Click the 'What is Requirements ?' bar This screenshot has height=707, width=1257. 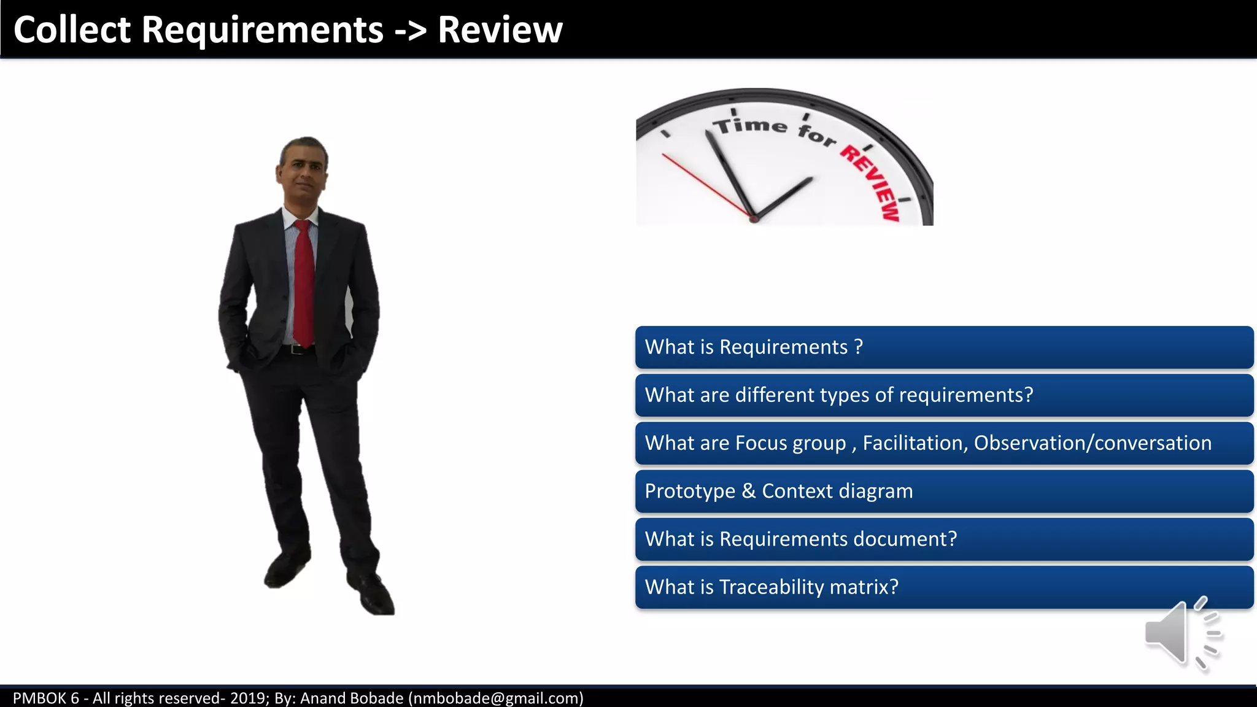click(944, 347)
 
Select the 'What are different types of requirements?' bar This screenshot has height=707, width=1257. click(944, 395)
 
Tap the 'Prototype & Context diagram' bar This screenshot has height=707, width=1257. click(944, 491)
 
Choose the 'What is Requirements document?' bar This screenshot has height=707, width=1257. click(944, 539)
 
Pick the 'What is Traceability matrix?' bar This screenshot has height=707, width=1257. click(944, 587)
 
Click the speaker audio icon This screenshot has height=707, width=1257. click(1182, 633)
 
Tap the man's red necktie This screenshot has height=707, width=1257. click(304, 282)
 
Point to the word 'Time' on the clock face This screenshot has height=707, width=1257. click(750, 125)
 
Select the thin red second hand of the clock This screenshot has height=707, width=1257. click(706, 185)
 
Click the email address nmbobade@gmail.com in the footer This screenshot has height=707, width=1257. click(496, 698)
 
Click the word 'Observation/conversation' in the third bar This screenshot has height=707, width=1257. click(1093, 443)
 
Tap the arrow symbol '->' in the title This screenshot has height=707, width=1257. click(410, 31)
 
